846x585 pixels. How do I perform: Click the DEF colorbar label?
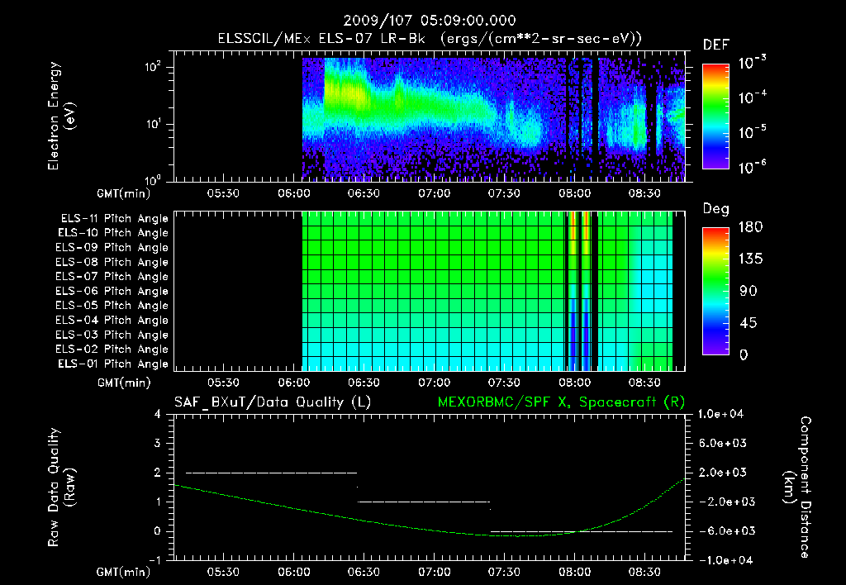(x=715, y=45)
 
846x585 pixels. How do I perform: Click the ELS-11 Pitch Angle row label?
(x=114, y=218)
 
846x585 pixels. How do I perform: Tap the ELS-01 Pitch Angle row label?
(x=112, y=364)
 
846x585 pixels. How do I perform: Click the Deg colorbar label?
(x=715, y=209)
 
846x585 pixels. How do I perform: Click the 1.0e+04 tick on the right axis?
(x=723, y=414)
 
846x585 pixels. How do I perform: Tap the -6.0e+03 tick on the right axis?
(x=721, y=530)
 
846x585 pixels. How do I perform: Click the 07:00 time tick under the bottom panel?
(x=435, y=571)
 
